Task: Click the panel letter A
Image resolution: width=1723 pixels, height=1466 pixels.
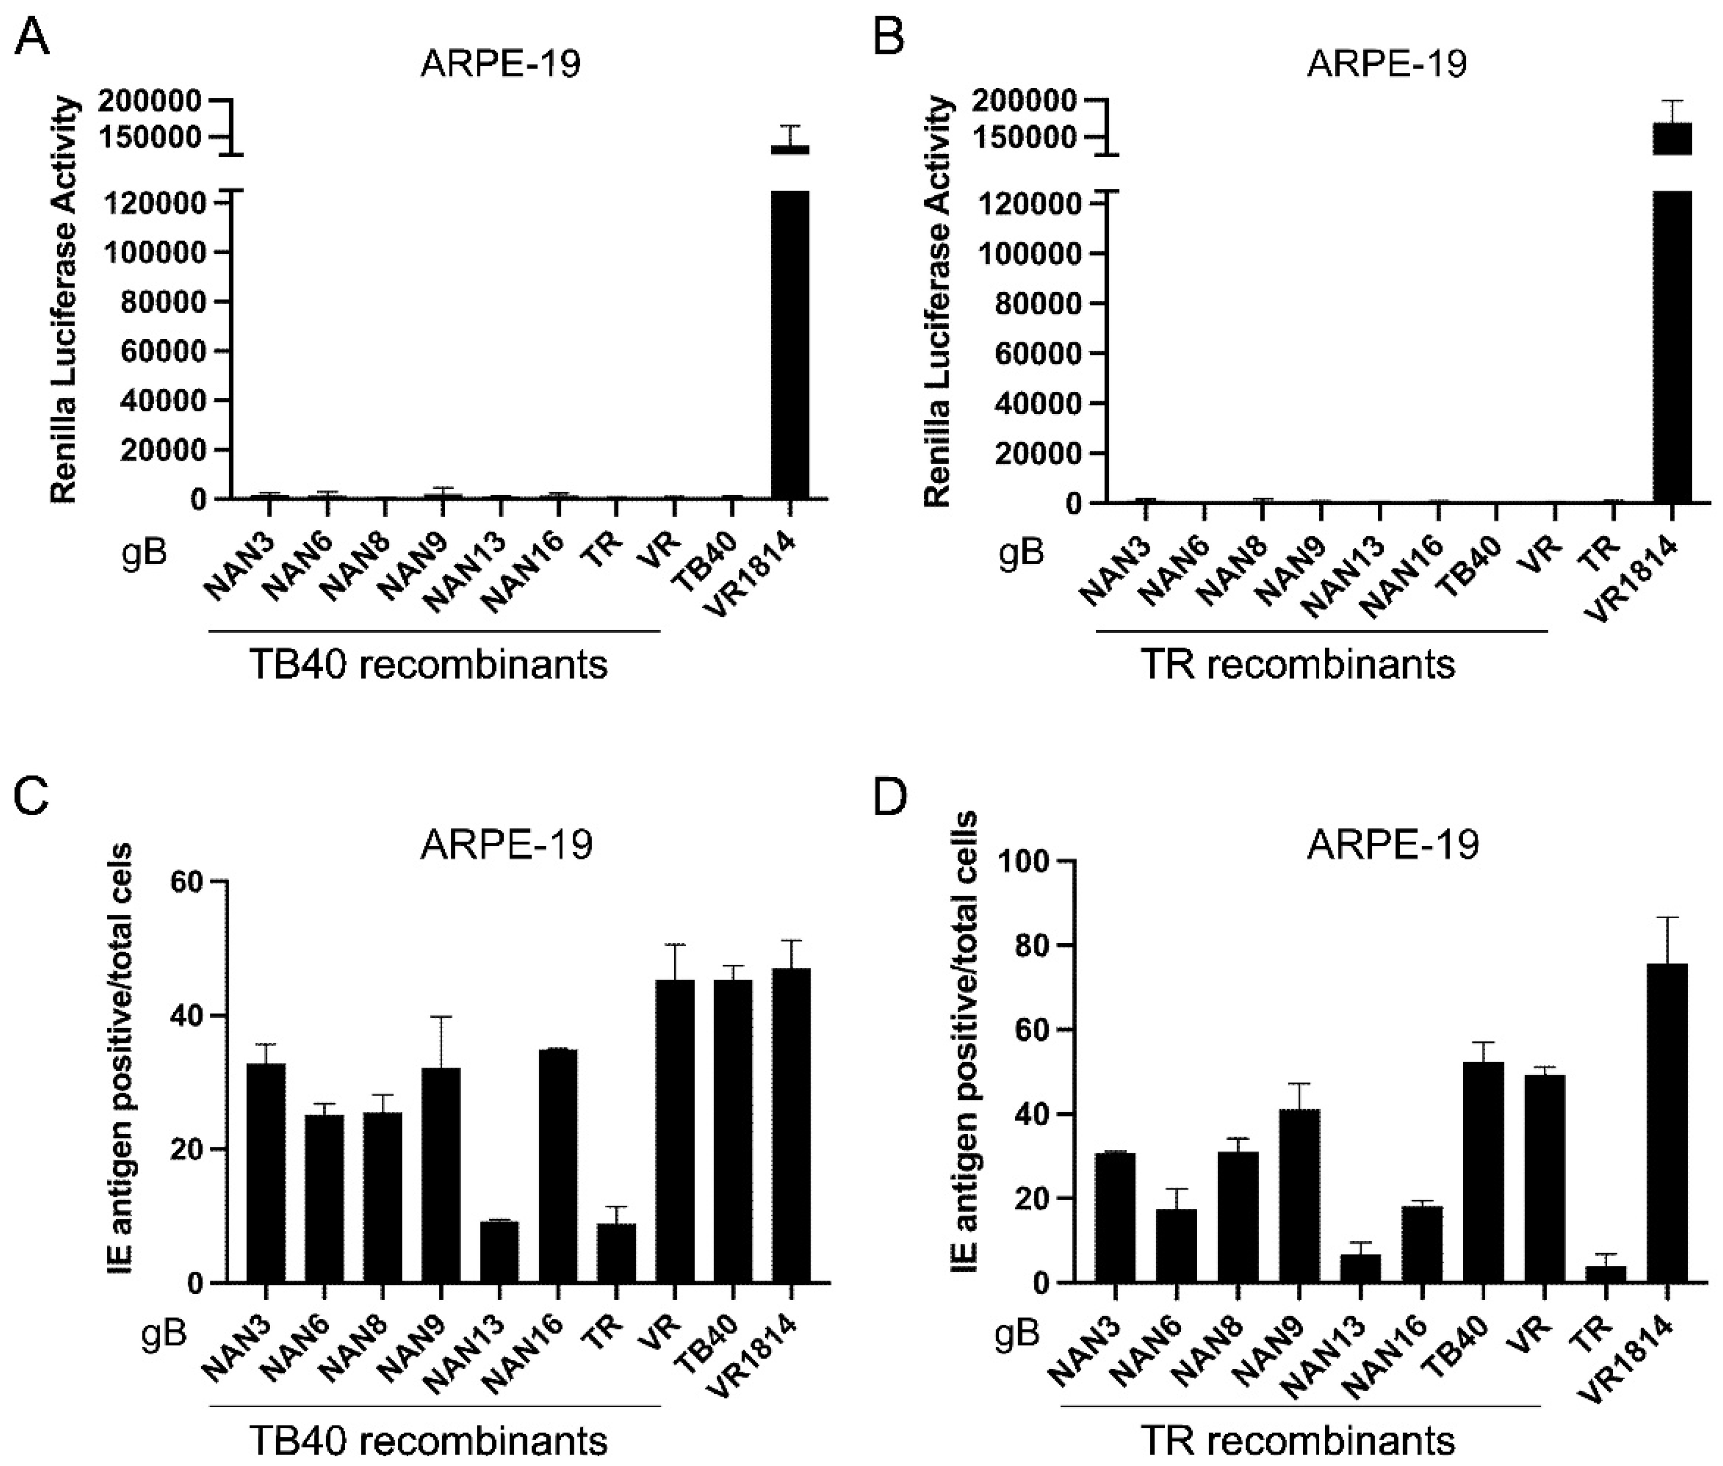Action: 32,37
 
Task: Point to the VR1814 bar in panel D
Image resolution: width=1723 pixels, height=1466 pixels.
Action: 1666,1123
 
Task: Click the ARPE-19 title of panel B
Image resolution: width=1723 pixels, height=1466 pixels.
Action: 1386,64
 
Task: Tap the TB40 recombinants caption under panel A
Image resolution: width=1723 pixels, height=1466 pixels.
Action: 429,665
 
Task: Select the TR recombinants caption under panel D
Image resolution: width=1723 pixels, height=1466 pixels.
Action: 1298,1440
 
